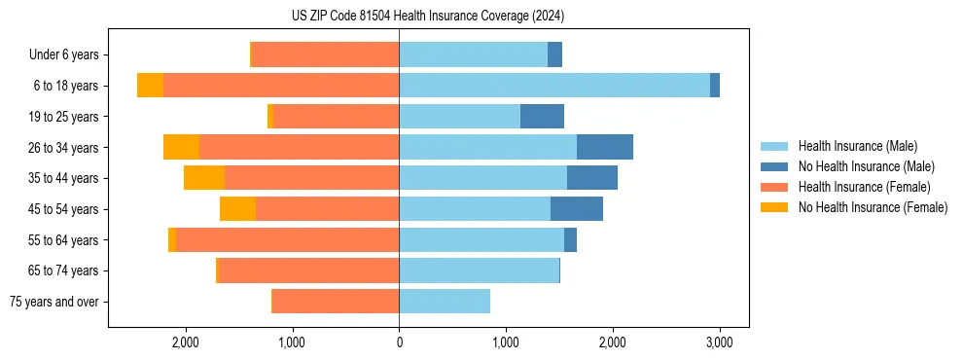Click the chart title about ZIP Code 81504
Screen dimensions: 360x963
pyautogui.click(x=427, y=16)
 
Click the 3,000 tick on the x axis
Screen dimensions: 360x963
pyautogui.click(x=718, y=342)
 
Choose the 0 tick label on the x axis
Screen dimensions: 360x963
pyautogui.click(x=399, y=342)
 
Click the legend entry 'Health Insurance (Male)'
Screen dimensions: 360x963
pyautogui.click(x=857, y=146)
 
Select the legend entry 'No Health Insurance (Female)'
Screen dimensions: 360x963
pyautogui.click(x=873, y=207)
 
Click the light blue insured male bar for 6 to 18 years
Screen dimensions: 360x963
pyautogui.click(x=554, y=86)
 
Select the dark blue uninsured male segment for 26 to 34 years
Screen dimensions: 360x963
pyautogui.click(x=604, y=147)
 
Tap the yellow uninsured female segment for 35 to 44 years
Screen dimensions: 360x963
pyautogui.click(x=204, y=178)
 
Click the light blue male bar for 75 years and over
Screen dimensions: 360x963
pyautogui.click(x=445, y=302)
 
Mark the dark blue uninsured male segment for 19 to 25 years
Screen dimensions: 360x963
pyautogui.click(x=542, y=117)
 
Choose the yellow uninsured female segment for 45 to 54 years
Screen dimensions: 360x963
pyautogui.click(x=237, y=209)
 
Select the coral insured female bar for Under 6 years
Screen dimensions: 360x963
pyautogui.click(x=325, y=55)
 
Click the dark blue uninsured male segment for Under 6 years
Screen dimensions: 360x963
pyautogui.click(x=554, y=55)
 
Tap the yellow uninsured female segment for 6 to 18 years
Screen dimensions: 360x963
pyautogui.click(x=150, y=86)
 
